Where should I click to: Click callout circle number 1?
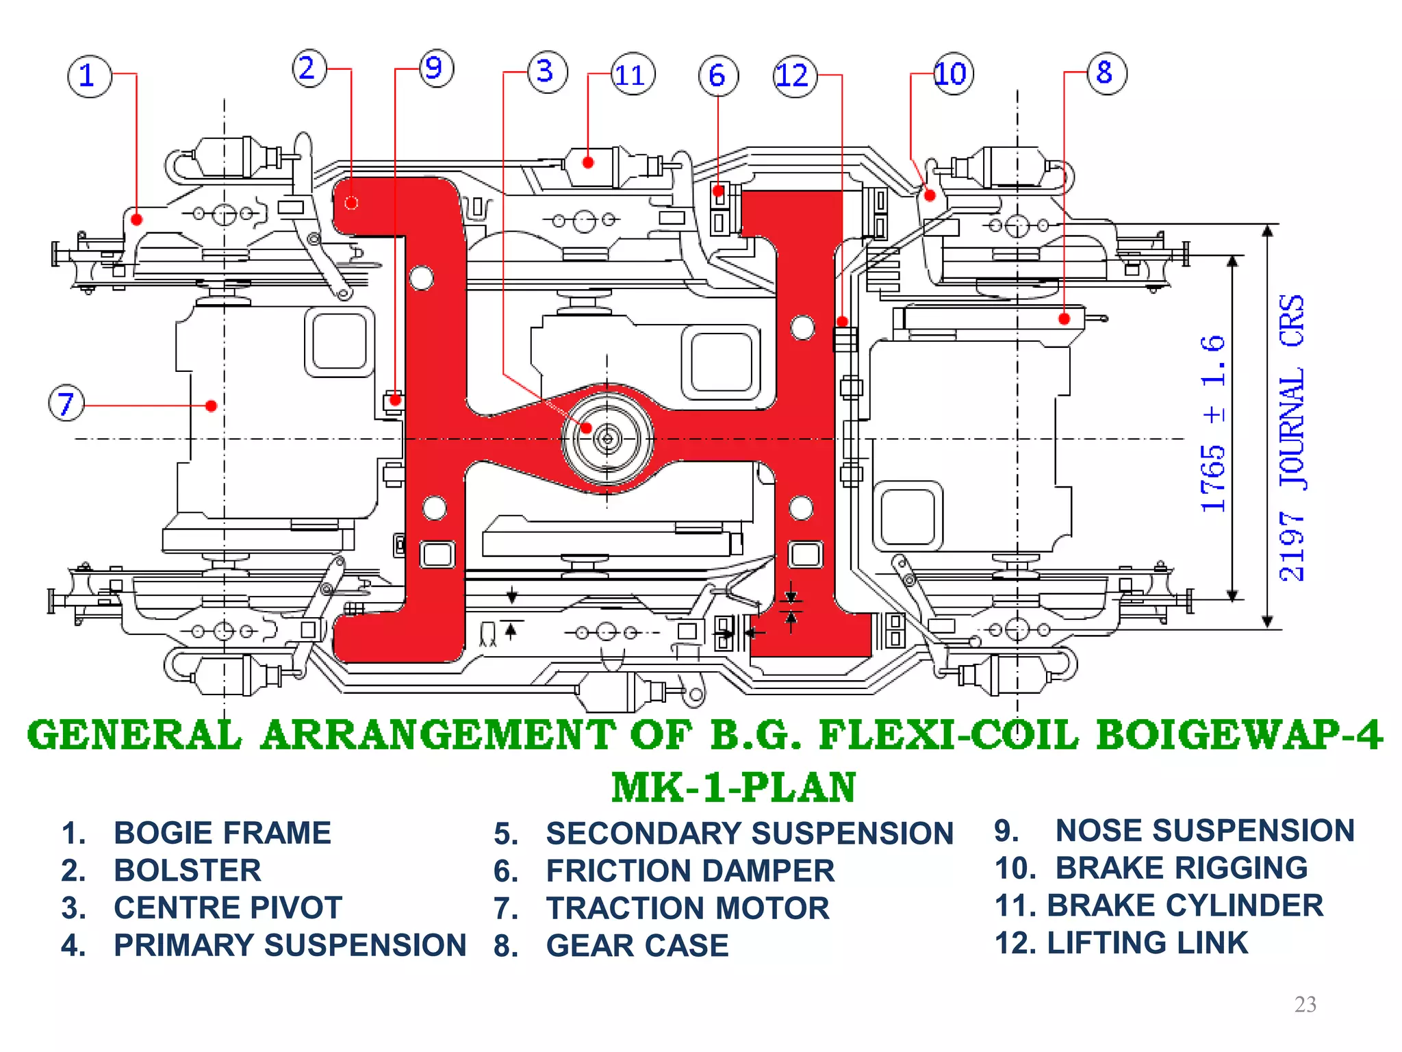pos(89,76)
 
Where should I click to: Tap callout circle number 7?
pos(66,403)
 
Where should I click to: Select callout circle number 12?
pos(795,75)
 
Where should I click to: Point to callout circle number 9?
pos(435,68)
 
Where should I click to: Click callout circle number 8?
pos(1106,73)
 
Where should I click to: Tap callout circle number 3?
pos(547,71)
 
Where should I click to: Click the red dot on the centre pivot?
pos(586,428)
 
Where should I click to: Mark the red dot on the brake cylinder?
pos(588,162)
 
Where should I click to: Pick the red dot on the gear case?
pos(1064,318)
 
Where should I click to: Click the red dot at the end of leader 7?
pos(212,406)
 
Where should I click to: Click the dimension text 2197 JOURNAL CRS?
pos(1292,438)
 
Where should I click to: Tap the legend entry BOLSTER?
pos(187,871)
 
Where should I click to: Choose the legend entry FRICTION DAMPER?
pos(689,871)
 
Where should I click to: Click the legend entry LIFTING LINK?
pos(1147,943)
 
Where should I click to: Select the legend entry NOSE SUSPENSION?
pos(1204,831)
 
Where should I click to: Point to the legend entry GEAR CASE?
pos(637,946)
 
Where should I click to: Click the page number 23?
pos(1305,1004)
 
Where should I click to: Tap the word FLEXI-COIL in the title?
pos(948,736)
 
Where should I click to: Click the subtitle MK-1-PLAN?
pos(733,788)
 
